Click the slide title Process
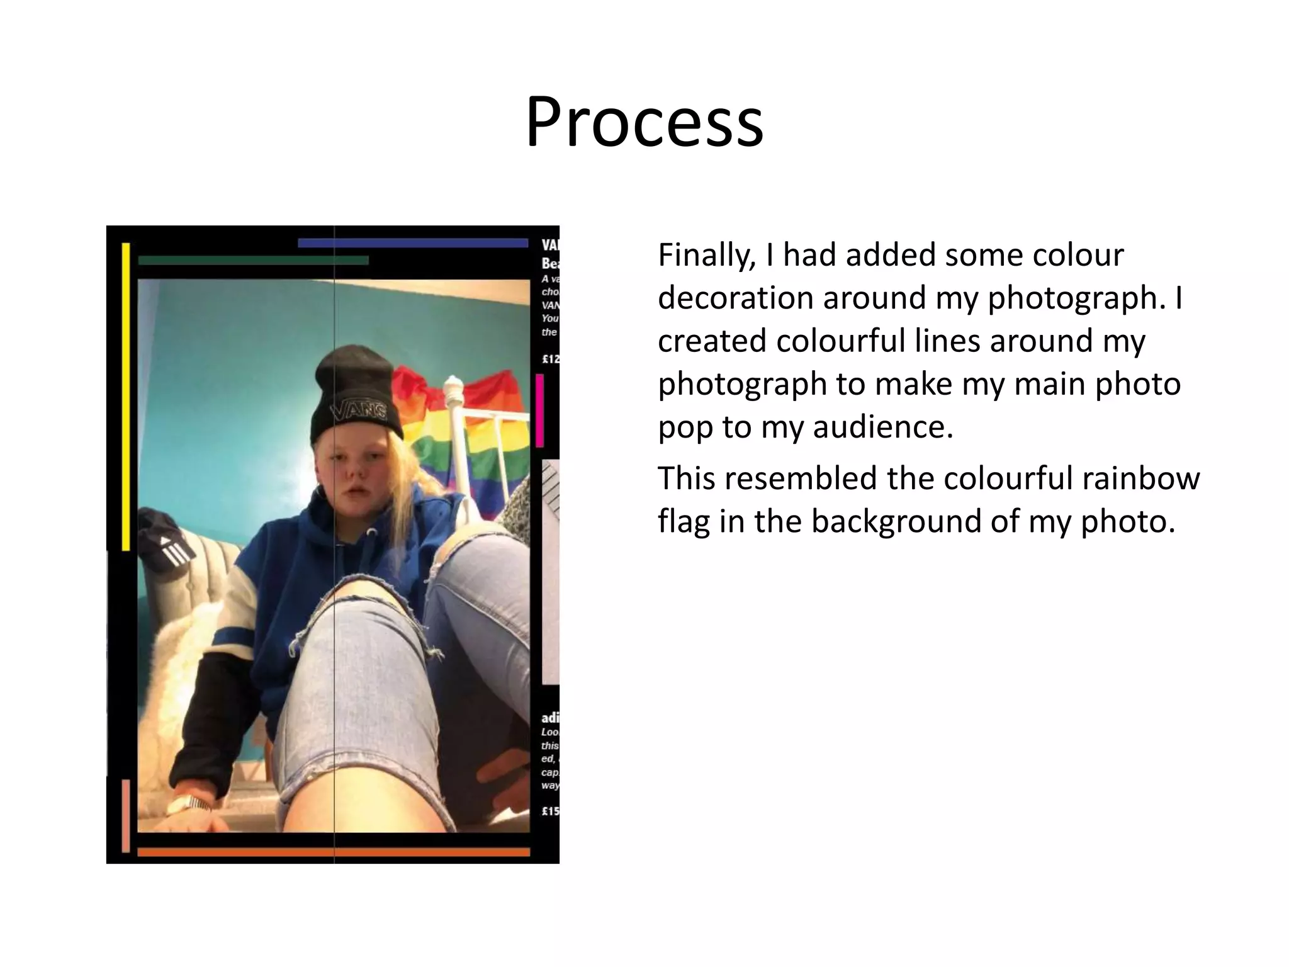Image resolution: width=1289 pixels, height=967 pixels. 644,123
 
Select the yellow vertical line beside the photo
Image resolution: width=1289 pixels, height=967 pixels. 126,397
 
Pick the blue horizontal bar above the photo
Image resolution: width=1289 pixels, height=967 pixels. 412,243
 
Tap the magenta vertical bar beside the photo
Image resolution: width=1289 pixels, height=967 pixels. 539,410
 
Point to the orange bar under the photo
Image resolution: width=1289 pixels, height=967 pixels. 334,852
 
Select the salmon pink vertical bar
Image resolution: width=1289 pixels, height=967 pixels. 126,815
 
